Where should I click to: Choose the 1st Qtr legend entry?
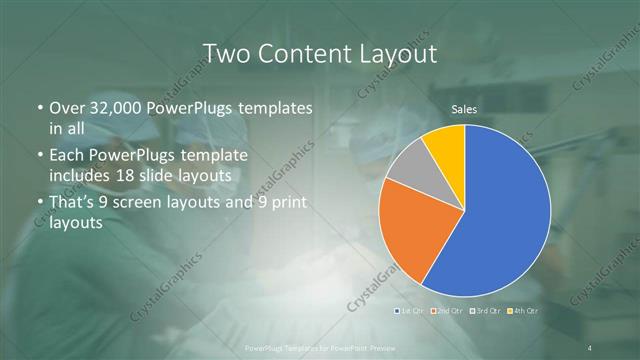tap(412, 311)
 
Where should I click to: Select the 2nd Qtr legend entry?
tap(449, 311)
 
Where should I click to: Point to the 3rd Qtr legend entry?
tap(487, 311)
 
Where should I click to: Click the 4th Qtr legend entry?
tap(525, 311)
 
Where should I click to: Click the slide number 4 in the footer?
tap(590, 347)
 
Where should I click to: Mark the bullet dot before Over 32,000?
tap(39, 108)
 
